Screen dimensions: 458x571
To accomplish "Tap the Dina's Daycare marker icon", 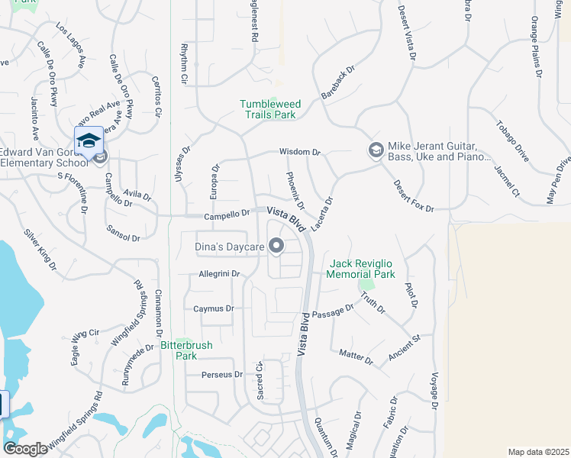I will (x=276, y=247).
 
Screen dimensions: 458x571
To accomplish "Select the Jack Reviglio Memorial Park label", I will (x=362, y=269).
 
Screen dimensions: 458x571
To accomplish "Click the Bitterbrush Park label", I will (x=186, y=350).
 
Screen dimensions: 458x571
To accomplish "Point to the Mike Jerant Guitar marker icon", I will (x=375, y=150).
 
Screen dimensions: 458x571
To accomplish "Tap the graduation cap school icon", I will (x=89, y=140).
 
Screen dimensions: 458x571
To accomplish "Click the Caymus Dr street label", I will (x=212, y=309).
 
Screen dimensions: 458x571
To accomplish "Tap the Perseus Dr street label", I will (x=221, y=375).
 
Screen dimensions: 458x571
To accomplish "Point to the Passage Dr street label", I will (x=333, y=311).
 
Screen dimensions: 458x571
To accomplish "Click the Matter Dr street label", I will (x=356, y=356).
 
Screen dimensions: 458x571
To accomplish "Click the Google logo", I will (x=25, y=449).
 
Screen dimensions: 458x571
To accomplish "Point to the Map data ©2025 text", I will (x=538, y=452).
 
